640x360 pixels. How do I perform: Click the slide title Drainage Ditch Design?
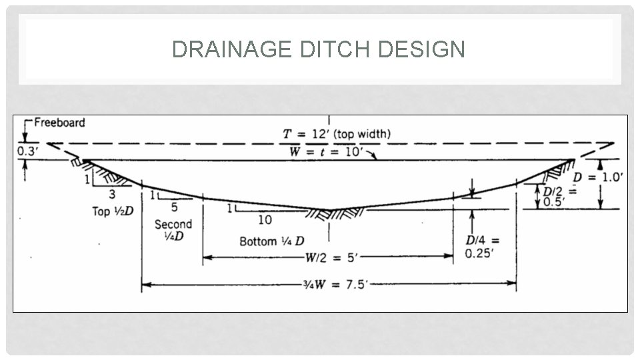click(x=319, y=49)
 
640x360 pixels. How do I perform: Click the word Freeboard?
click(x=61, y=122)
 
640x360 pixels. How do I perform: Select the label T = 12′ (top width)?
click(x=336, y=133)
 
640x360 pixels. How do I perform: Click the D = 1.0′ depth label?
click(x=598, y=177)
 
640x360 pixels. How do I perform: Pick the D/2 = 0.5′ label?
click(x=553, y=196)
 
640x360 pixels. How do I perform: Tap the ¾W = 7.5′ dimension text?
click(x=329, y=285)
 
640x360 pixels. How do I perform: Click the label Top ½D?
click(x=112, y=211)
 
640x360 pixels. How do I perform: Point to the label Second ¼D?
click(x=173, y=231)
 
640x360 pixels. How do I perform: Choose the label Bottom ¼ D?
click(x=272, y=241)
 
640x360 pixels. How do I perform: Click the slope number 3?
click(x=111, y=195)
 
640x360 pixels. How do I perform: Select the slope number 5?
click(x=175, y=206)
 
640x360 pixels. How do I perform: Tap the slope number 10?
click(x=265, y=219)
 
